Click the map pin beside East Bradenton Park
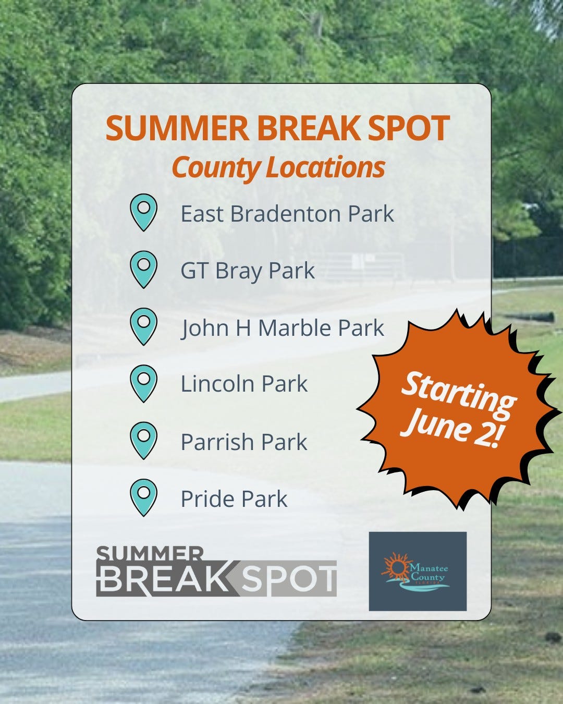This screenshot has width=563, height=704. click(143, 211)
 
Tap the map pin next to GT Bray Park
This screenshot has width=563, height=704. click(143, 269)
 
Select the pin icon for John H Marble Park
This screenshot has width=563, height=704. click(143, 325)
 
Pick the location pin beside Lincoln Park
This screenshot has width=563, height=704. click(143, 382)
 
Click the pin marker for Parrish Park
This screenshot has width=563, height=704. click(143, 440)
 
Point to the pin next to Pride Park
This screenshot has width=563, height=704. click(143, 497)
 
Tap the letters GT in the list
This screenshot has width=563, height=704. click(194, 271)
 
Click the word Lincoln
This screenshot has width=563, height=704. click(217, 384)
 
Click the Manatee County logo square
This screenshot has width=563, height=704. click(418, 571)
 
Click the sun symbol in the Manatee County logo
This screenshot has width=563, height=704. click(397, 568)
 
